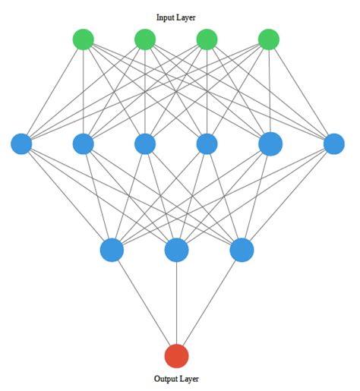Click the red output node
(x=176, y=355)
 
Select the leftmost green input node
(x=83, y=39)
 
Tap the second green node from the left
(x=145, y=39)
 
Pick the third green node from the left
(x=207, y=39)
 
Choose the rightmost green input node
(x=269, y=39)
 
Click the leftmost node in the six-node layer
(x=21, y=143)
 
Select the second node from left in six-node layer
(x=83, y=143)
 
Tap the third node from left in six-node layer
(x=145, y=143)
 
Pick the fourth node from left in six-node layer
(x=207, y=143)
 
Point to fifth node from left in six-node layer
(x=270, y=143)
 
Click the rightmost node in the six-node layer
(x=333, y=143)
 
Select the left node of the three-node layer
(x=112, y=250)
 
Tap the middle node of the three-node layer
(x=176, y=250)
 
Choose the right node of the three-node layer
(x=242, y=250)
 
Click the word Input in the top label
(x=166, y=17)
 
